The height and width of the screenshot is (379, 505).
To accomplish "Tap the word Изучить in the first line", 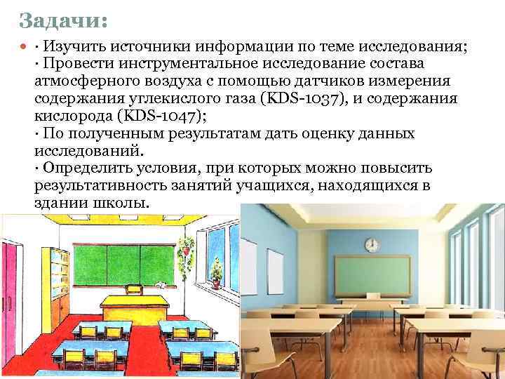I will [x=71, y=46].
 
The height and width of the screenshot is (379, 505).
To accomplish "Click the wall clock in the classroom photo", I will [x=372, y=244].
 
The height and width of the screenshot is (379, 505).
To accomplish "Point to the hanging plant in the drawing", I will [x=187, y=246].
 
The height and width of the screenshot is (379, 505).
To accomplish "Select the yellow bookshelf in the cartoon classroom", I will [x=60, y=281].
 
